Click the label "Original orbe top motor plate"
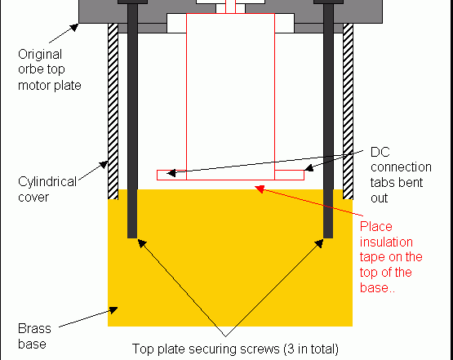pyautogui.click(x=50, y=70)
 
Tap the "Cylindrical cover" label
pyautogui.click(x=47, y=189)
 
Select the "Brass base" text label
pyautogui.click(x=34, y=336)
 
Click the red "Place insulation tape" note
pyautogui.click(x=391, y=257)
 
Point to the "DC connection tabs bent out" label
pyautogui.click(x=401, y=175)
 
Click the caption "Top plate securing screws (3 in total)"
pyautogui.click(x=235, y=349)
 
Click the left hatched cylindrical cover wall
pyautogui.click(x=113, y=111)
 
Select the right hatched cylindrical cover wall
pyautogui.click(x=349, y=111)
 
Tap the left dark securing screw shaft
pyautogui.click(x=132, y=121)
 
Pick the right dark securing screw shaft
pyautogui.click(x=328, y=121)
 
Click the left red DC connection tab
pyautogui.click(x=171, y=175)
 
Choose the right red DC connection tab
pyautogui.click(x=289, y=175)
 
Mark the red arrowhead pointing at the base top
pyautogui.click(x=260, y=189)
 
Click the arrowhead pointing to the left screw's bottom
pyautogui.click(x=141, y=243)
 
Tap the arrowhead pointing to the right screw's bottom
pyautogui.click(x=319, y=243)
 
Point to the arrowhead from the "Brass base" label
pyautogui.click(x=113, y=310)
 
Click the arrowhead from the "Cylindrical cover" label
pyautogui.click(x=104, y=165)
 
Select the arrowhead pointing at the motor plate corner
pyautogui.click(x=74, y=27)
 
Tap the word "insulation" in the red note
pyautogui.click(x=386, y=242)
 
